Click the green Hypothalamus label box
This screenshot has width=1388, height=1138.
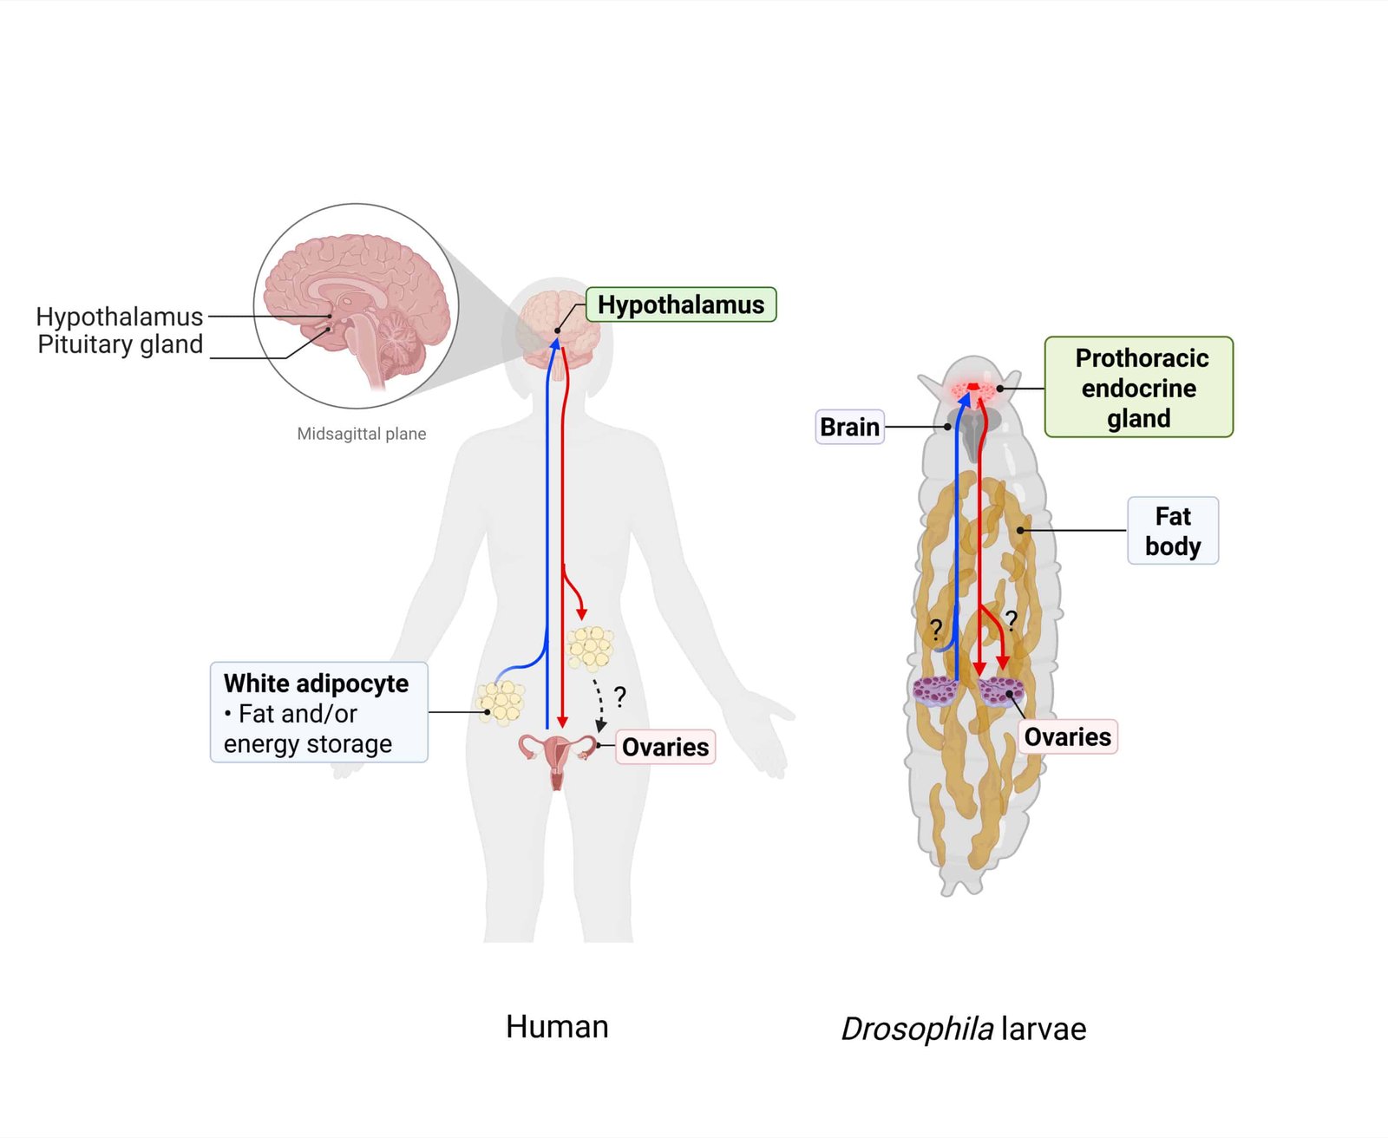point(681,304)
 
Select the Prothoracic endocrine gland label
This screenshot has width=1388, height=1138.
point(1138,387)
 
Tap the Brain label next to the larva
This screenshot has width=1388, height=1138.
point(849,427)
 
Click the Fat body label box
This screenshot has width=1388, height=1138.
point(1173,531)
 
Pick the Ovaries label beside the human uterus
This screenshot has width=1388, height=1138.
point(665,747)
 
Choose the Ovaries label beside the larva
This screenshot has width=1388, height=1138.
point(1067,736)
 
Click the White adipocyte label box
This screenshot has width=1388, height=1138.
point(318,712)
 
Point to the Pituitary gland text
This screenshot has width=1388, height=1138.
point(121,344)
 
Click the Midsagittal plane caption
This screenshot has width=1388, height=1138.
point(362,434)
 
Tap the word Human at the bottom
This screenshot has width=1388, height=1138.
point(557,1026)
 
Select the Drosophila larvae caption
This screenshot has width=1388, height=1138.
point(963,1029)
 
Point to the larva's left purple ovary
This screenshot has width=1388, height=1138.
point(934,690)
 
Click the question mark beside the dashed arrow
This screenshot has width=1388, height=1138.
point(620,696)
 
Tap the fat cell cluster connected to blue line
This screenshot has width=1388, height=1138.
point(501,702)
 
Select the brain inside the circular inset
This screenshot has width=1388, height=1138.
point(356,295)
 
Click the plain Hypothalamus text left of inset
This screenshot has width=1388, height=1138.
point(120,317)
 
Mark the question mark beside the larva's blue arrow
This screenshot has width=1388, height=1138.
point(936,629)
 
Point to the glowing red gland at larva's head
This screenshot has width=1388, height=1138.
point(974,389)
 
